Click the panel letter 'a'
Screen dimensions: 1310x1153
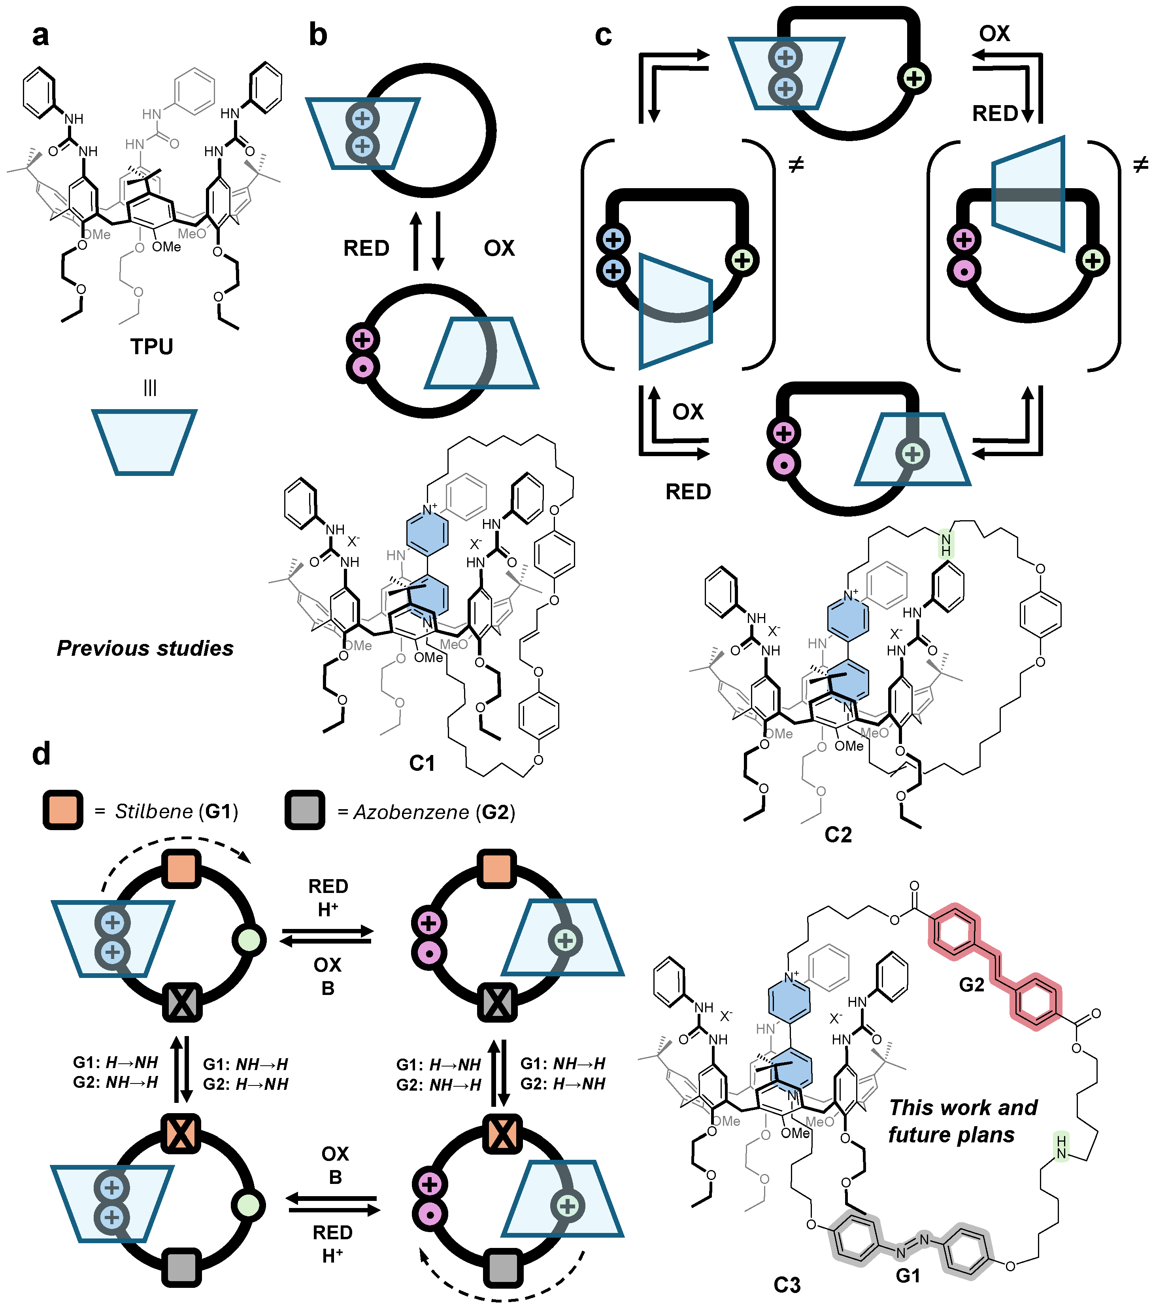point(40,35)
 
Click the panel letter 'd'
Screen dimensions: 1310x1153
point(41,754)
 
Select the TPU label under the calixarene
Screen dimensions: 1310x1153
point(152,347)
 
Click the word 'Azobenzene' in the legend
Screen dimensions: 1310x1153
point(411,812)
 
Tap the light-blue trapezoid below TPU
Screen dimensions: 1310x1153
point(144,442)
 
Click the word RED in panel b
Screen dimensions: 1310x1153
point(366,248)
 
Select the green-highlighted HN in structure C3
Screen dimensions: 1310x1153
point(1061,1147)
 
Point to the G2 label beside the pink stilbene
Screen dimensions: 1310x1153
point(971,984)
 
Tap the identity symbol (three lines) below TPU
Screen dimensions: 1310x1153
point(150,387)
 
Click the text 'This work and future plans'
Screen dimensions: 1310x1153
point(961,1120)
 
